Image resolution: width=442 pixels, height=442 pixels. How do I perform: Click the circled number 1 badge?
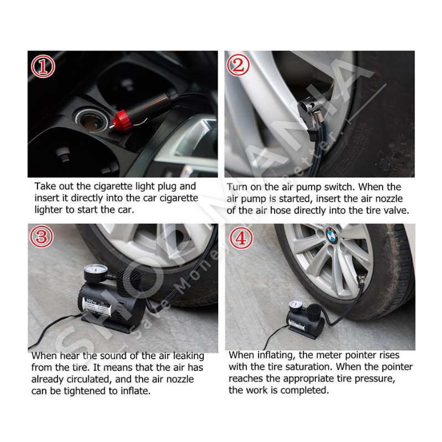[x=43, y=66]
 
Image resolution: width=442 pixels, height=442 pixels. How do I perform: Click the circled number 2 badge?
[x=238, y=65]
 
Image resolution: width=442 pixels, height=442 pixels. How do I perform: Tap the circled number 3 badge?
[x=41, y=236]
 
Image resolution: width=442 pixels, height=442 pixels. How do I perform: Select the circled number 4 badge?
[x=241, y=238]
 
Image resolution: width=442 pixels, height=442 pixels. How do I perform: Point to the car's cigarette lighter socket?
[x=91, y=120]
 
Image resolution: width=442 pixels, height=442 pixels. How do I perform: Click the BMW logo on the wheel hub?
[x=332, y=234]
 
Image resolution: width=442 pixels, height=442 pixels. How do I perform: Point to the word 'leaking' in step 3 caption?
[x=188, y=356]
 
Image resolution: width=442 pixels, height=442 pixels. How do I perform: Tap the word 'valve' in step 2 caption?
[x=397, y=211]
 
